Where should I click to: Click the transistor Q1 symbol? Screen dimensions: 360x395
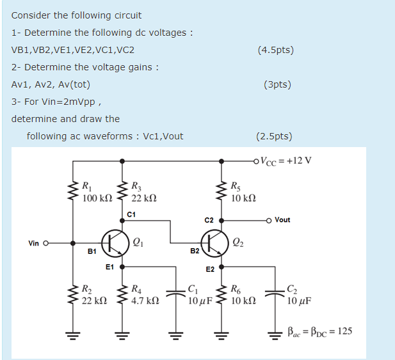pyautogui.click(x=115, y=242)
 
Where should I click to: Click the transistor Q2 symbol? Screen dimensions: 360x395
pyautogui.click(x=214, y=242)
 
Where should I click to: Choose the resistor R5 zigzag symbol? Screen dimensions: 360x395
pyautogui.click(x=222, y=190)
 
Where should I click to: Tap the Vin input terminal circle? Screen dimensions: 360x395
pyautogui.click(x=46, y=243)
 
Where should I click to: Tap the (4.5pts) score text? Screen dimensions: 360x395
pyautogui.click(x=275, y=50)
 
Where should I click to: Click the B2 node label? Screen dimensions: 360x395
pyautogui.click(x=195, y=251)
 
